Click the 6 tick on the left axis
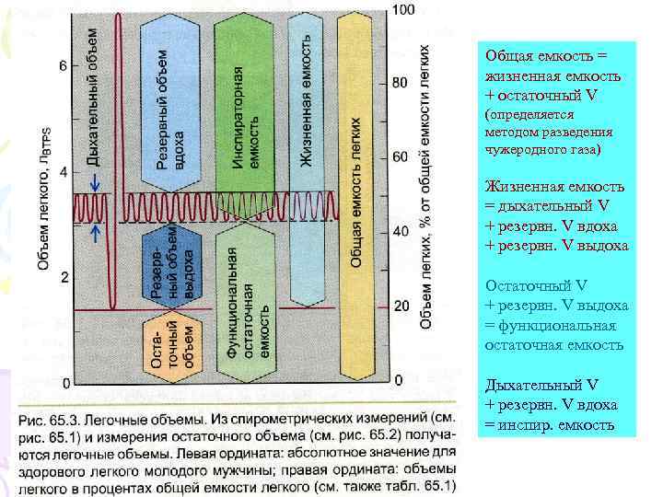62,66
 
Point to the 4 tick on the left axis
62,172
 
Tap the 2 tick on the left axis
62,277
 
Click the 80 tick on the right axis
400,83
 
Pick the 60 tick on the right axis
400,157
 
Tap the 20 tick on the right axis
400,306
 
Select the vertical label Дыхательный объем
92,97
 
